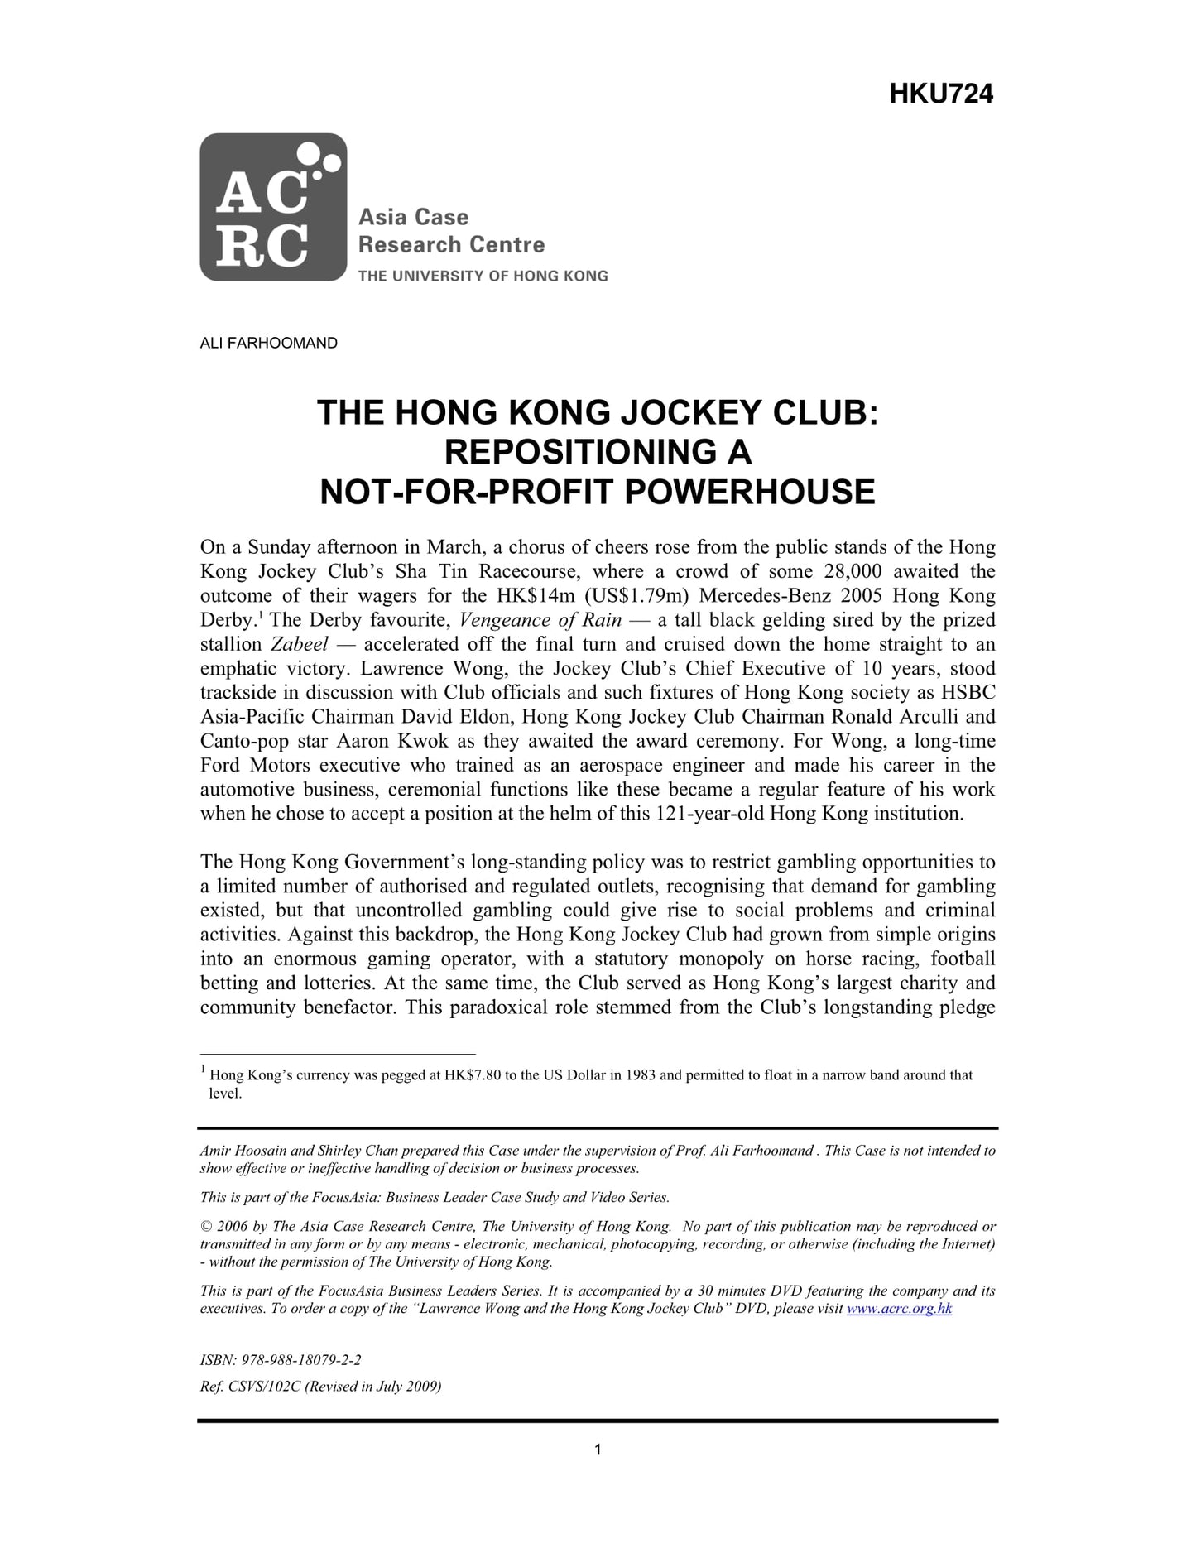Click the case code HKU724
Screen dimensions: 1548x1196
point(940,94)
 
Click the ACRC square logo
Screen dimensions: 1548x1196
point(272,207)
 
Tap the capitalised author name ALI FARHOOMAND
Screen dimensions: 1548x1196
point(268,343)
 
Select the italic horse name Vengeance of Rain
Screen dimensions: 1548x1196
point(540,620)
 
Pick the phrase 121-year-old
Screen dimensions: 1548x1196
point(708,814)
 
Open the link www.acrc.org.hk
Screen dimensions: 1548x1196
point(899,1309)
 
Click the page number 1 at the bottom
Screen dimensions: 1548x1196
point(598,1449)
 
